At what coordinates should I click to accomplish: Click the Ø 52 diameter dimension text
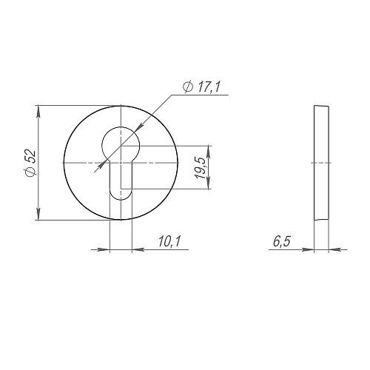[31, 163]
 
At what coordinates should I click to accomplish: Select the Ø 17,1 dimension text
[201, 87]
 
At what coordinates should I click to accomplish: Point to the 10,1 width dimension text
[169, 241]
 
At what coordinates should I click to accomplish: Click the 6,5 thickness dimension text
[282, 241]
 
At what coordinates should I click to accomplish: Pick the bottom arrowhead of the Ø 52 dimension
[38, 214]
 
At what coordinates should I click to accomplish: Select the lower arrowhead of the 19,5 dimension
[209, 184]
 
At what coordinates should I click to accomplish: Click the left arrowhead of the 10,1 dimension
[104, 249]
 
